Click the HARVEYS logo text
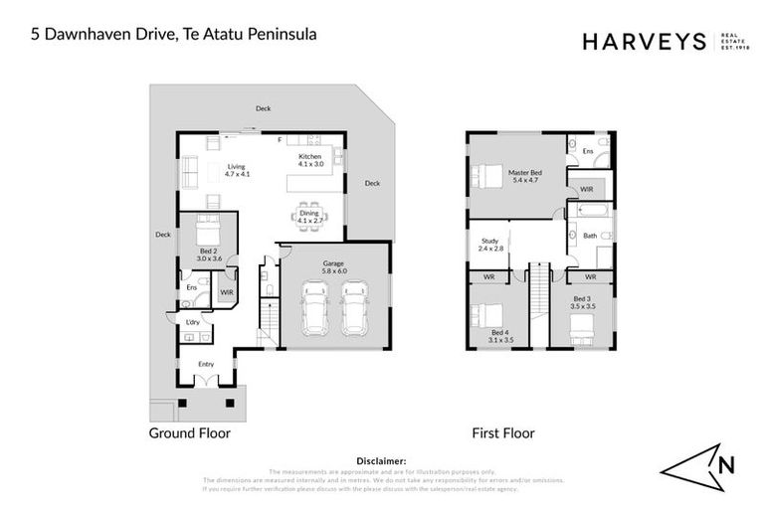[x=644, y=41]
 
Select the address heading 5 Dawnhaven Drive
[x=173, y=34]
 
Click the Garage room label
[x=333, y=264]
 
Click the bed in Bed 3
[x=581, y=329]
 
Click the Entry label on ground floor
[x=206, y=364]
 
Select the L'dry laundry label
[x=193, y=322]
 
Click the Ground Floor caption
[x=189, y=432]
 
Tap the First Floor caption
[x=503, y=432]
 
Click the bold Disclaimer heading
[x=381, y=461]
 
